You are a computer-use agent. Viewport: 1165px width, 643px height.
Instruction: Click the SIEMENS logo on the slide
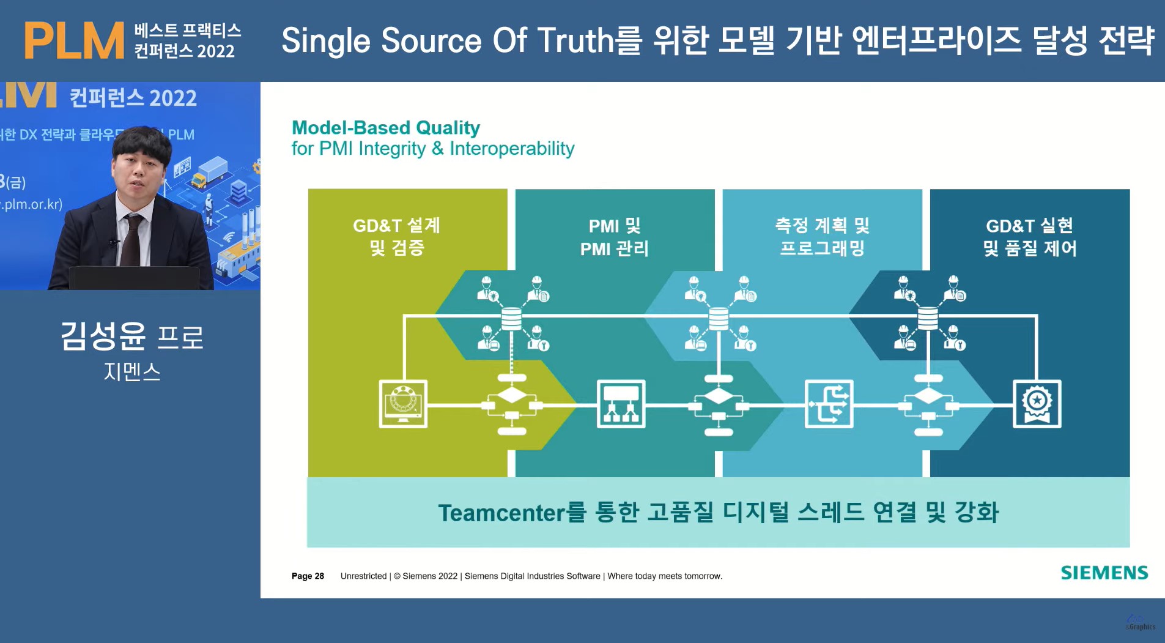point(1104,573)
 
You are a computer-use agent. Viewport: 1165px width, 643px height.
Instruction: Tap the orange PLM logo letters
point(74,41)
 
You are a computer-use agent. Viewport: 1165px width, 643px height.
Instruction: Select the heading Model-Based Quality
point(385,127)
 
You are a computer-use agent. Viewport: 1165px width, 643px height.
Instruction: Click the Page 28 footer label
point(308,576)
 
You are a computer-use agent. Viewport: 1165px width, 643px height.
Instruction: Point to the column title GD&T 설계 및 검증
point(396,236)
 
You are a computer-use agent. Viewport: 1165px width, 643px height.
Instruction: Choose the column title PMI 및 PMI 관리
point(614,237)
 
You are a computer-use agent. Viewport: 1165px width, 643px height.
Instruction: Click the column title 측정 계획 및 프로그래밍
point(822,236)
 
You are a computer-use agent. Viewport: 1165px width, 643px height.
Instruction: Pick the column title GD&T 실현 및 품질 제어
point(1029,237)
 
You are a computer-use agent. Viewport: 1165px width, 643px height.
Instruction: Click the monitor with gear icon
point(403,404)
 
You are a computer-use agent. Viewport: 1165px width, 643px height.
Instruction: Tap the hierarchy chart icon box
point(621,404)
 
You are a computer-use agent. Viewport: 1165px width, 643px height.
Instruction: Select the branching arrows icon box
point(829,404)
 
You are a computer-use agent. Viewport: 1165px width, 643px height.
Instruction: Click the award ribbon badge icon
point(1037,404)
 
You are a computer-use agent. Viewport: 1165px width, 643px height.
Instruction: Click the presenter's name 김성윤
point(103,336)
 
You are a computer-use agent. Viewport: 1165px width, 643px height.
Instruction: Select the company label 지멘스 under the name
point(132,371)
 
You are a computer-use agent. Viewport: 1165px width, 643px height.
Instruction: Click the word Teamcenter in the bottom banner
point(502,513)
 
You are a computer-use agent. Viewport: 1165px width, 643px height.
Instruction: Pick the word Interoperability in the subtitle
point(512,149)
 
